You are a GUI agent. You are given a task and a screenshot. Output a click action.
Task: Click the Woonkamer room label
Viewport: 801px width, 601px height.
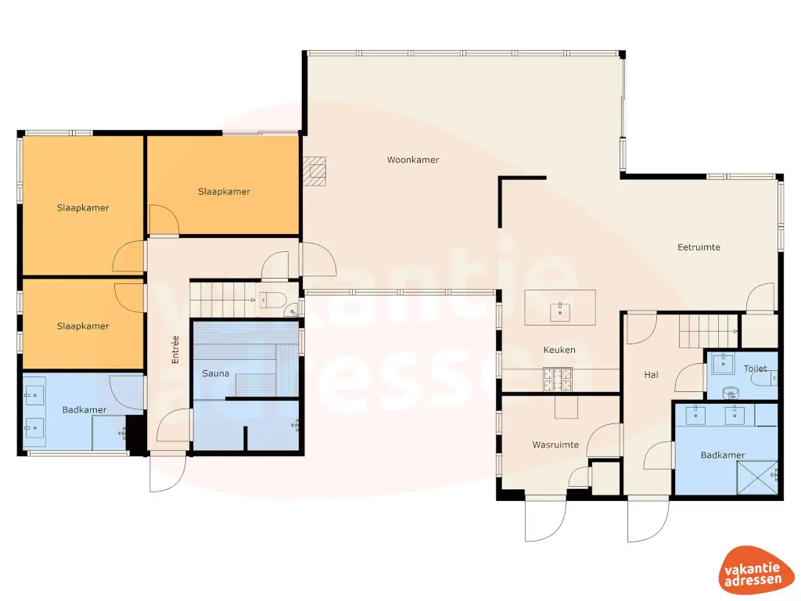413,160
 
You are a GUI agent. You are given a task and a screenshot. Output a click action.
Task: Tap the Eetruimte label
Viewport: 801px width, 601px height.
699,247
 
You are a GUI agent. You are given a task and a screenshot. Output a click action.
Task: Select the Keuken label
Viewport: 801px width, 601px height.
559,350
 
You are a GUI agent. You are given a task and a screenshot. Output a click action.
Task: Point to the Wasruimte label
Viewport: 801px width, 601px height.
555,444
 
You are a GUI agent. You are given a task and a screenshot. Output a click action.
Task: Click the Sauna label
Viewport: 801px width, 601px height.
215,373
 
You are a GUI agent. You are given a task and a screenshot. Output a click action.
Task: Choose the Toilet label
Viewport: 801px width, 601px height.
755,368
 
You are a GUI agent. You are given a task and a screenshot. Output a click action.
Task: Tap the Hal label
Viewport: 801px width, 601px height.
651,375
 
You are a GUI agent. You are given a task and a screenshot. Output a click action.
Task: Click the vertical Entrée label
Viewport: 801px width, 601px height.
175,349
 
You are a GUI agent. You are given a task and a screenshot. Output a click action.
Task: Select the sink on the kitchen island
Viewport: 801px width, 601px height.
561,311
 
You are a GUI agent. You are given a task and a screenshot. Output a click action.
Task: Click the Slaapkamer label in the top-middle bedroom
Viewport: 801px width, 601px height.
224,191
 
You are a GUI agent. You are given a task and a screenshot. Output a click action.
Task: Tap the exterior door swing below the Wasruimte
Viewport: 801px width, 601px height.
545,520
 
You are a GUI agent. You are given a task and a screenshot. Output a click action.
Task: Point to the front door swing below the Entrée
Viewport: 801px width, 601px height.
167,473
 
